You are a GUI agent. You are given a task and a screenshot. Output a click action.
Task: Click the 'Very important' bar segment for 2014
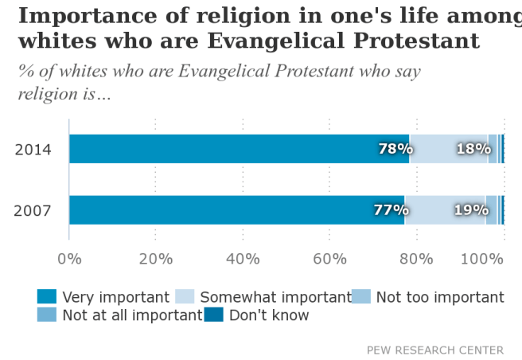click(239, 149)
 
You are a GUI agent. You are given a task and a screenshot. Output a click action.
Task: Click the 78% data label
click(395, 149)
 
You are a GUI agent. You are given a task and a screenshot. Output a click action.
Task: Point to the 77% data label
click(391, 210)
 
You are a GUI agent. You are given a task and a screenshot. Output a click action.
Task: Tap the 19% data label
click(470, 210)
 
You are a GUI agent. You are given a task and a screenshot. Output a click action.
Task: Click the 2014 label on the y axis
click(33, 150)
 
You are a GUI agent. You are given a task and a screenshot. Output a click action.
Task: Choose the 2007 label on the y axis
click(33, 211)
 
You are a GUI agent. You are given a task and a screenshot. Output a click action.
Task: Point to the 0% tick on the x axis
click(69, 258)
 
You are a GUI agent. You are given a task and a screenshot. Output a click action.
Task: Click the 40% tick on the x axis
click(243, 258)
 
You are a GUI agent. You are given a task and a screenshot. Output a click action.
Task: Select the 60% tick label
click(329, 258)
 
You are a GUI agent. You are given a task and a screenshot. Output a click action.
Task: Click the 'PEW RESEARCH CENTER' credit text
click(434, 350)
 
